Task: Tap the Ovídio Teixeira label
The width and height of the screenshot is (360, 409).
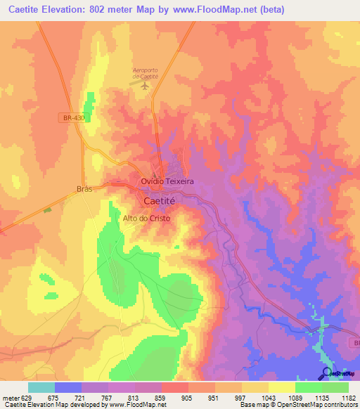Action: (x=167, y=181)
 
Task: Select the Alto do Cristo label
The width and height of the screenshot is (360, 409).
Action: (x=147, y=218)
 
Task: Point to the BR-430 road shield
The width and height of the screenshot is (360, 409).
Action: (x=73, y=118)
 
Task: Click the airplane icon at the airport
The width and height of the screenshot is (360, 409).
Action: (x=146, y=86)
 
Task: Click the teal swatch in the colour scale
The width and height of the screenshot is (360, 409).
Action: (x=41, y=387)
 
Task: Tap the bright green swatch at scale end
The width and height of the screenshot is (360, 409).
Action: (x=335, y=387)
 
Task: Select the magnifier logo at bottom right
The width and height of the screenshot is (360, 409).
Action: (x=326, y=374)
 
